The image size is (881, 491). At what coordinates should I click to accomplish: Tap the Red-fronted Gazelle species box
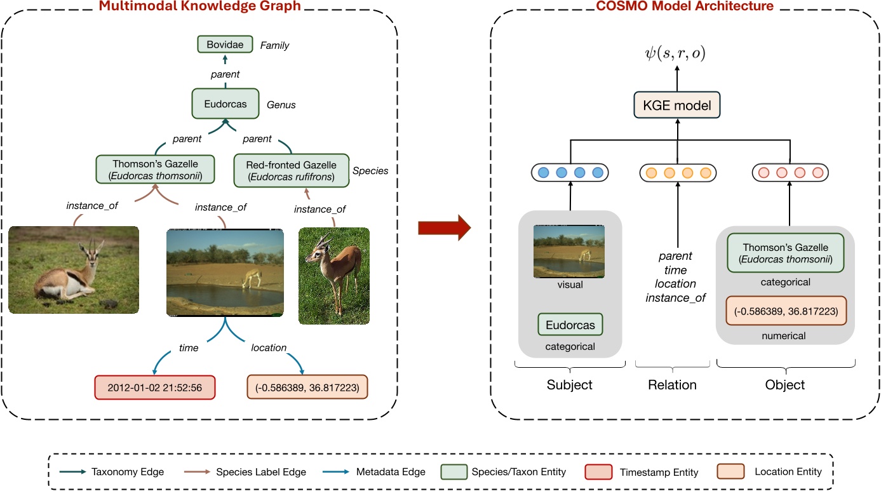pos(292,171)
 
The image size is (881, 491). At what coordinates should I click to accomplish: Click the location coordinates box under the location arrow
pos(307,387)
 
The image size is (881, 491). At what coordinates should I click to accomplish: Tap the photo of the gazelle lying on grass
pos(74,269)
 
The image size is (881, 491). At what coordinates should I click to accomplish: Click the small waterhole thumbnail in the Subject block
pos(570,252)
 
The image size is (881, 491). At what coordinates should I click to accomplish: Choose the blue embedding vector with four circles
pos(570,173)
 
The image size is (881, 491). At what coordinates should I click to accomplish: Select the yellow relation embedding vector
pos(678,173)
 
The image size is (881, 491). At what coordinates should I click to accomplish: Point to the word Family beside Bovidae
pos(274,46)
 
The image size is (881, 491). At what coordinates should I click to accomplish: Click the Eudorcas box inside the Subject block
pos(570,325)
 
